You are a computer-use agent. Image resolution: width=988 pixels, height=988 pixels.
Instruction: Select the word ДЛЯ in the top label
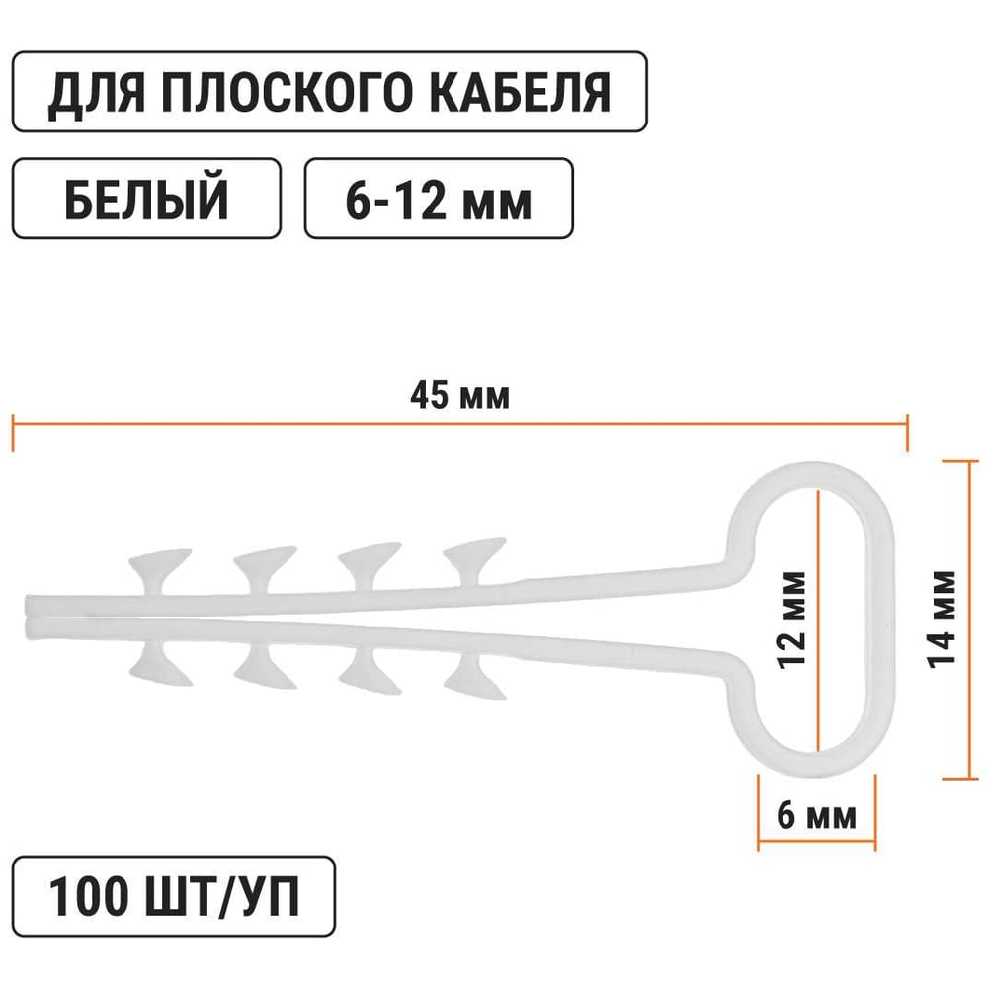coord(97,92)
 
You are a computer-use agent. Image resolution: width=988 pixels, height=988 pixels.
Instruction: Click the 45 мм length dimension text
coord(459,397)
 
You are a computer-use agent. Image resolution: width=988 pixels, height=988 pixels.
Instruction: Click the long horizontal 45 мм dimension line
coord(296,423)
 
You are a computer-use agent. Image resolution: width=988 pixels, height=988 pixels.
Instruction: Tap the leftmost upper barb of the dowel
coord(158,566)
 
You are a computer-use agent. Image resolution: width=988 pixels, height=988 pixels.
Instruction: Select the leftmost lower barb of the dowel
coord(159,666)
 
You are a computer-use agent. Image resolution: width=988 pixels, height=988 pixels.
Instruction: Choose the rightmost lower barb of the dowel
coord(474,674)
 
